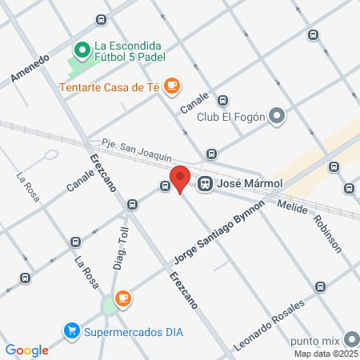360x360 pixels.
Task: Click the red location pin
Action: [x=180, y=178]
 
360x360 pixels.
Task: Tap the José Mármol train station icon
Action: [x=206, y=183]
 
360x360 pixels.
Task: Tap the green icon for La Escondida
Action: [x=81, y=50]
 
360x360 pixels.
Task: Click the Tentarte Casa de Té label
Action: [x=108, y=86]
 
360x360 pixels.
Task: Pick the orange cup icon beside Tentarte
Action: [x=170, y=86]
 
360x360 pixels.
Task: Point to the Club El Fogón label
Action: [x=231, y=117]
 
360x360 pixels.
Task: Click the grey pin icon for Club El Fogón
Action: [x=277, y=117]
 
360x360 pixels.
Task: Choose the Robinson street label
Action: [x=327, y=233]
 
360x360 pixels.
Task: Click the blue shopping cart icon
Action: [x=72, y=330]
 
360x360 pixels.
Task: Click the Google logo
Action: [x=26, y=350]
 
